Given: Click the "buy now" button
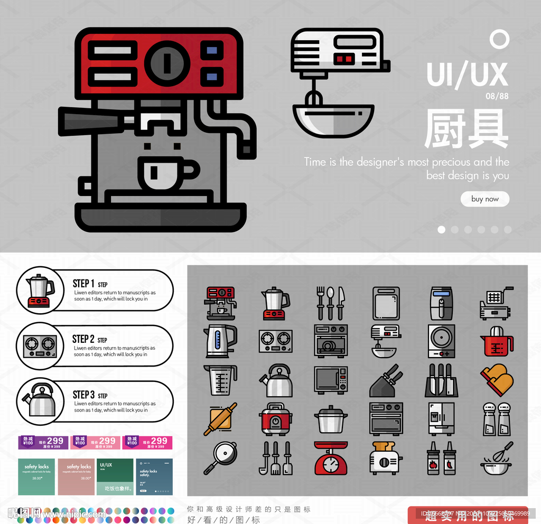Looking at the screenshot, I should point(484,199).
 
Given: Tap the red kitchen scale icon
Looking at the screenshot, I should point(331,458).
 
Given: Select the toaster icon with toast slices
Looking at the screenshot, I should point(386,458).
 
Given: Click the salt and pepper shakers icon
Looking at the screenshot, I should point(497,419).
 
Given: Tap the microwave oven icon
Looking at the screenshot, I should point(331,380).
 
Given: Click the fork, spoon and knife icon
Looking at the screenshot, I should point(331,303).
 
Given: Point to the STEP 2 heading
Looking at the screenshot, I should point(83,339).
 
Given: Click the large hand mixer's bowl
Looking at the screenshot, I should point(333,120).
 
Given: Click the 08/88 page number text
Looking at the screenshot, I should point(497,96).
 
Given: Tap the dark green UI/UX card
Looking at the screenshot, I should point(115,476).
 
